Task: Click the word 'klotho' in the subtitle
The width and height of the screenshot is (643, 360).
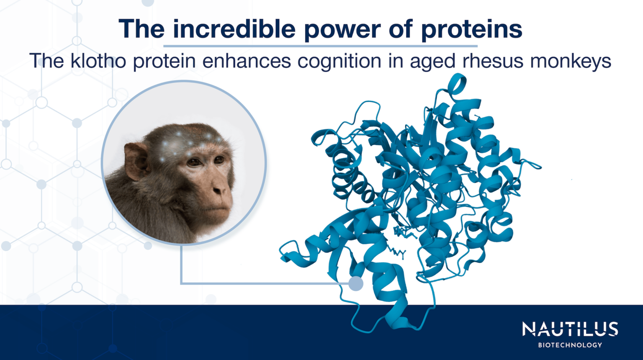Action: (x=98, y=61)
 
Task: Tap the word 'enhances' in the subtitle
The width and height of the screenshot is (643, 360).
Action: (x=247, y=61)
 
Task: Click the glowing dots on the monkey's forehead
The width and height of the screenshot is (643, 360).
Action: (x=188, y=142)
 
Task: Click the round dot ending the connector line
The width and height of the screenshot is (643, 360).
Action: (x=356, y=283)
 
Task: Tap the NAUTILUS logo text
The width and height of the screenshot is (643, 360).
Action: (x=570, y=329)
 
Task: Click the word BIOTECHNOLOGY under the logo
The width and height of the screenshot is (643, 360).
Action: (x=570, y=345)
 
